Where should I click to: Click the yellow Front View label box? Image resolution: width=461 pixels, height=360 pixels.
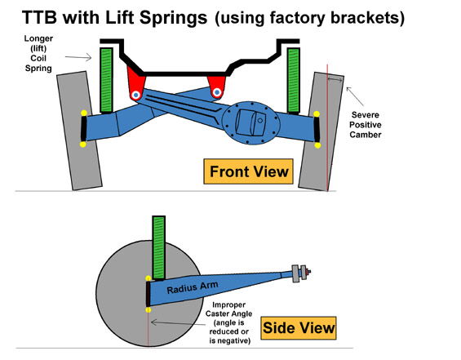(x=248, y=171)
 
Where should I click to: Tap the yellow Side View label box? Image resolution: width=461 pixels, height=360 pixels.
(x=299, y=328)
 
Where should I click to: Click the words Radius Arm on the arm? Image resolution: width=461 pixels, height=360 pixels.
(x=193, y=287)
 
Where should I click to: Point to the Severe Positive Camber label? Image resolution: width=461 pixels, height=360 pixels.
(x=366, y=125)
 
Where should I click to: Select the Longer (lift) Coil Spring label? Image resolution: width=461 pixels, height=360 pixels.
(x=38, y=53)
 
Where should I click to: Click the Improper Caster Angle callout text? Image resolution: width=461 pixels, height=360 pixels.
(x=228, y=322)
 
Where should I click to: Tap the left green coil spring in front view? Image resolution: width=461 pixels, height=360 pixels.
(x=106, y=80)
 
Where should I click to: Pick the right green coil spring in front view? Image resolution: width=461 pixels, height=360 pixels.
(x=294, y=80)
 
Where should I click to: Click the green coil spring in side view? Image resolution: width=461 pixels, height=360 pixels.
(x=159, y=247)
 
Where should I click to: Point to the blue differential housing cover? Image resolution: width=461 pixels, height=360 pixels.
(x=250, y=122)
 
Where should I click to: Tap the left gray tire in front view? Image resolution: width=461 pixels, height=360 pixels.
(x=79, y=131)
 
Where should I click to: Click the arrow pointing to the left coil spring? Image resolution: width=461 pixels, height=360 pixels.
(x=78, y=57)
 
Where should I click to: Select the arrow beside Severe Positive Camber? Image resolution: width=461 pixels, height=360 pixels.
(x=355, y=96)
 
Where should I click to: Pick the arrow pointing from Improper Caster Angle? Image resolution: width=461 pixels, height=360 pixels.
(x=178, y=323)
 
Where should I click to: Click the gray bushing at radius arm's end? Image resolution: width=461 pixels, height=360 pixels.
(x=295, y=273)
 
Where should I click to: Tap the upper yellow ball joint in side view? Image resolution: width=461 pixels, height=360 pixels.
(x=148, y=278)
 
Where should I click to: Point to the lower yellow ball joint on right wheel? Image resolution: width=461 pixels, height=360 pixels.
(x=317, y=145)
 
